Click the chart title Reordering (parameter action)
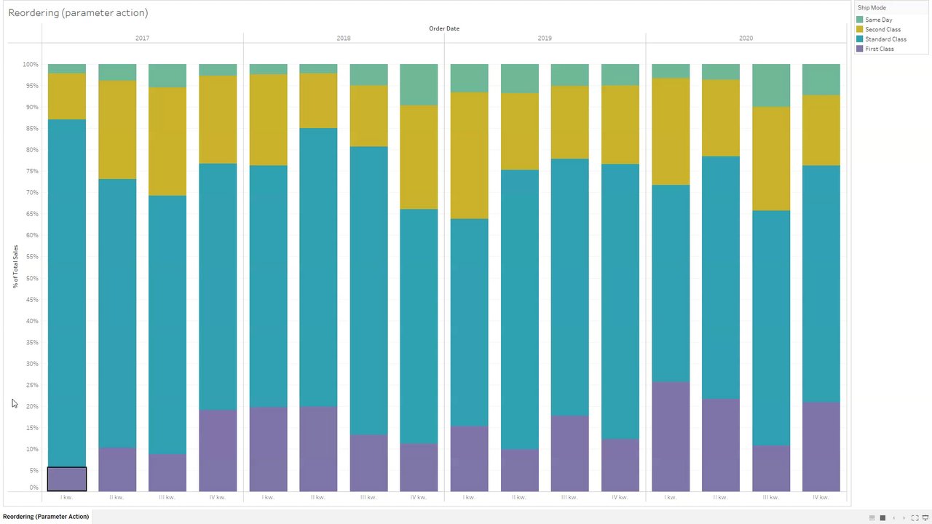pos(78,13)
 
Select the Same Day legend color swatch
pos(860,20)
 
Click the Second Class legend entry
pos(882,30)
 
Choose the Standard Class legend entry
pos(885,39)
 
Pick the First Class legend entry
pos(879,49)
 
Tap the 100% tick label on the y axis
pos(30,65)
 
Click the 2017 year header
pos(142,38)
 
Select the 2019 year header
pos(545,38)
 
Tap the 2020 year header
pos(746,38)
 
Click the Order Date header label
pos(444,28)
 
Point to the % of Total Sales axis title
pos(15,266)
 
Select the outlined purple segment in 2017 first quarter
pos(67,479)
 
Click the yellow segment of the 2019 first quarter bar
pos(469,155)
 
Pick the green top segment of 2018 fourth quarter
pos(419,84)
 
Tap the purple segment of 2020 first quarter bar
pos(670,437)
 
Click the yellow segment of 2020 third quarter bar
pos(770,159)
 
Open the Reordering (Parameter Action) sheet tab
pos(46,517)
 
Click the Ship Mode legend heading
pos(872,8)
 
